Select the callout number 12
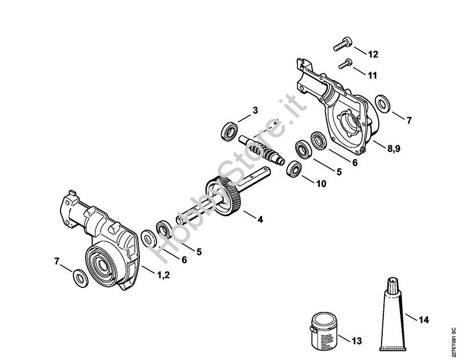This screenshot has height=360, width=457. tap(373, 55)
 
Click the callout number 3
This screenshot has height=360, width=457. tap(255, 110)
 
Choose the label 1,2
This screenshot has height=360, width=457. tap(163, 275)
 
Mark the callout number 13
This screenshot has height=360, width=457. tap(356, 341)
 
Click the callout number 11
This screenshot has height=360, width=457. tap(372, 75)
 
